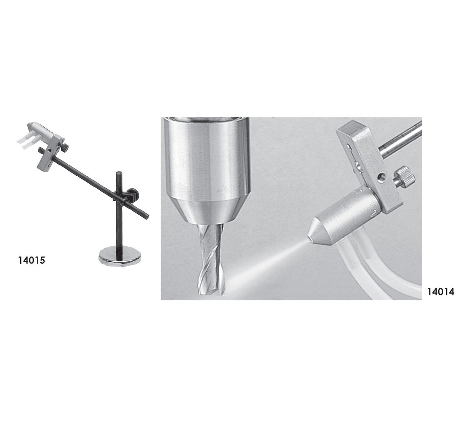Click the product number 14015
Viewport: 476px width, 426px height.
[x=32, y=260]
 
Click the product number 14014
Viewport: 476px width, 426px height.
[x=441, y=292]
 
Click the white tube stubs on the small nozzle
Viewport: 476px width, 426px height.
[x=26, y=140]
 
